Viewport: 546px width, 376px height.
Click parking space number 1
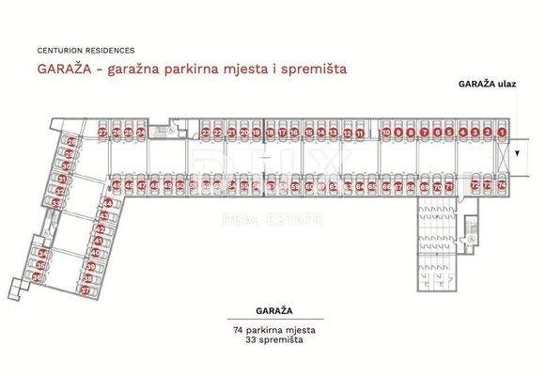[502, 133]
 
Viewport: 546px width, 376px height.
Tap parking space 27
[101, 133]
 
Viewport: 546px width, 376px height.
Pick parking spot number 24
[140, 133]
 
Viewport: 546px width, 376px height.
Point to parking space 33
[58, 201]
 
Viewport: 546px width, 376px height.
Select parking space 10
[386, 133]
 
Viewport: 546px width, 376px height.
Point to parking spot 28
[70, 142]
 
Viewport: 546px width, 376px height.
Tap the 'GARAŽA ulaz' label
[486, 83]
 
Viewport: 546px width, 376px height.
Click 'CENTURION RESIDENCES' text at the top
[86, 49]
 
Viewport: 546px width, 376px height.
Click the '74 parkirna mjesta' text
[273, 332]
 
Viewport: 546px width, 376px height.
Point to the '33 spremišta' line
[273, 342]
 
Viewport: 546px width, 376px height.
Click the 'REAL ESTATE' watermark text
[271, 220]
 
